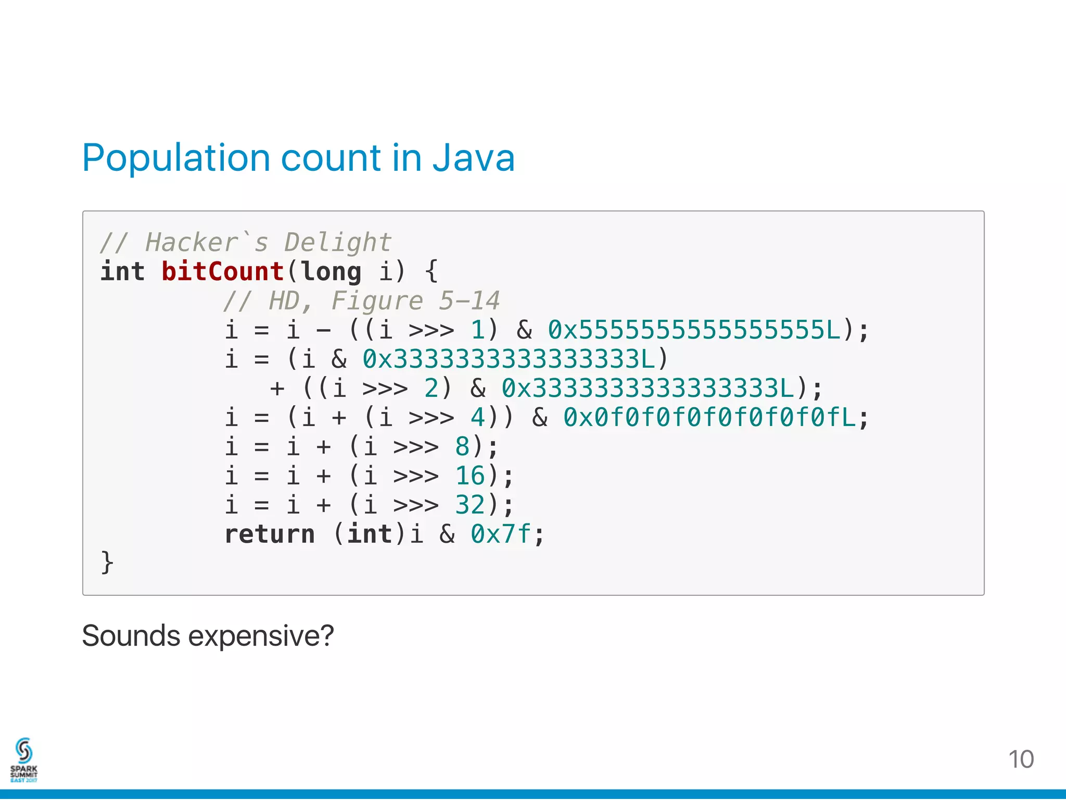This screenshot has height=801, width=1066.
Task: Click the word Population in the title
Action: pyautogui.click(x=176, y=158)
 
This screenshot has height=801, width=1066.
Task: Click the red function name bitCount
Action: pyautogui.click(x=222, y=271)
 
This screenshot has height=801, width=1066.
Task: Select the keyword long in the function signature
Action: pyautogui.click(x=331, y=271)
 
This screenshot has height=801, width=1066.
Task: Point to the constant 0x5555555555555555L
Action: pyautogui.click(x=694, y=330)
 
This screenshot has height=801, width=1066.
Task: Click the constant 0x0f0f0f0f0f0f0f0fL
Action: pyautogui.click(x=709, y=417)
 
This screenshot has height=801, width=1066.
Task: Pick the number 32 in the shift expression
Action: pyautogui.click(x=470, y=505)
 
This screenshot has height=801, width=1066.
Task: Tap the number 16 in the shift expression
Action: pyautogui.click(x=470, y=475)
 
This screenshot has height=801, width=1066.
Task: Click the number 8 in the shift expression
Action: pyautogui.click(x=462, y=446)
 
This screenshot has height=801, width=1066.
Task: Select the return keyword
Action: pyautogui.click(x=270, y=534)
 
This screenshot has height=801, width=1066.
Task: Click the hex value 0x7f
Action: pyautogui.click(x=501, y=534)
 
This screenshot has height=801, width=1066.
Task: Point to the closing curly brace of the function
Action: pyautogui.click(x=107, y=562)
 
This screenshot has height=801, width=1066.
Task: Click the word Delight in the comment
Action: pyautogui.click(x=337, y=242)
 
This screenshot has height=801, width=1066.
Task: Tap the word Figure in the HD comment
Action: pyautogui.click(x=377, y=301)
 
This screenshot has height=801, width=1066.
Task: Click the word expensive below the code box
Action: pyautogui.click(x=260, y=636)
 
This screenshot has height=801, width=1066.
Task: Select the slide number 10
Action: pyautogui.click(x=1021, y=759)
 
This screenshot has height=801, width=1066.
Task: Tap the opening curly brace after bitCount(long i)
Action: pyautogui.click(x=432, y=271)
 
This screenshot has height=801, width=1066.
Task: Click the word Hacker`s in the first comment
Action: pyautogui.click(x=207, y=242)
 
